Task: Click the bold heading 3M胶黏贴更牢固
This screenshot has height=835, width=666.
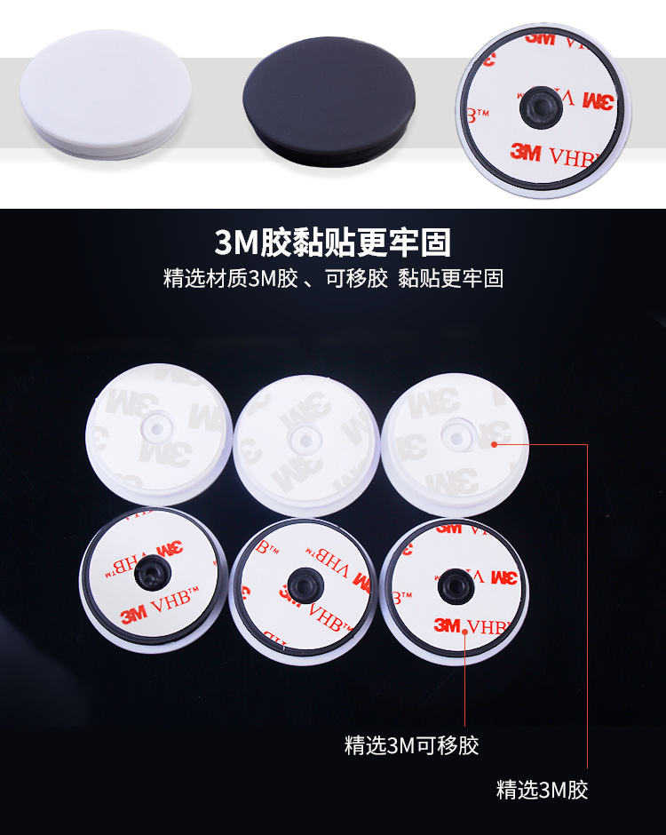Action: tap(333, 242)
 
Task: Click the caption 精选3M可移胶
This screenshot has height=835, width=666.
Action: tap(411, 744)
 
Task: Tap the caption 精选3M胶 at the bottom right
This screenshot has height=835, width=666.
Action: tap(542, 789)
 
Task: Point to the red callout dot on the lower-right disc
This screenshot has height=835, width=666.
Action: tap(466, 631)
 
